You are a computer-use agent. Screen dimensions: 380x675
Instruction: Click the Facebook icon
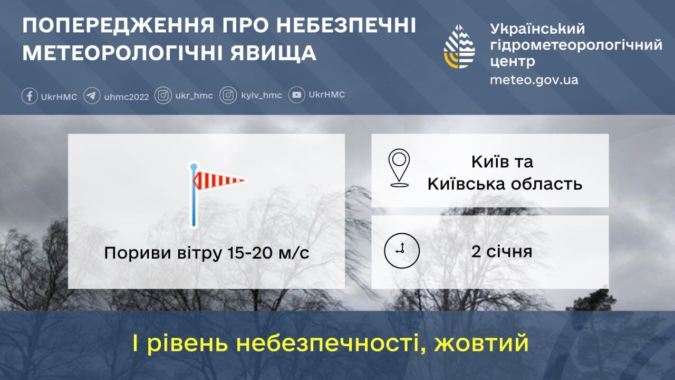(30, 96)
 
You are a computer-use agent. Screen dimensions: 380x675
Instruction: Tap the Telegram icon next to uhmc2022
(92, 96)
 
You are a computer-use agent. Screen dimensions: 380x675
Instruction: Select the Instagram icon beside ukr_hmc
(163, 96)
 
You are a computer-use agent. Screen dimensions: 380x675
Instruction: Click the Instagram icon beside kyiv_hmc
(228, 96)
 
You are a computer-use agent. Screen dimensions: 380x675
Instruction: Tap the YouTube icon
(297, 95)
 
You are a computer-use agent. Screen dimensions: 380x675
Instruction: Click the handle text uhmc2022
(127, 97)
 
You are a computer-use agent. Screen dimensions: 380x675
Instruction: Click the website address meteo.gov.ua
(534, 80)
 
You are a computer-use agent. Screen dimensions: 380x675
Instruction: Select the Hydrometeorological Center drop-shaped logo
(460, 46)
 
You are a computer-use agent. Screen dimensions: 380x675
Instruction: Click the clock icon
(401, 250)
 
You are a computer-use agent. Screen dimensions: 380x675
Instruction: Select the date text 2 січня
(502, 251)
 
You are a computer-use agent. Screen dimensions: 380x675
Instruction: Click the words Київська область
(505, 184)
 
